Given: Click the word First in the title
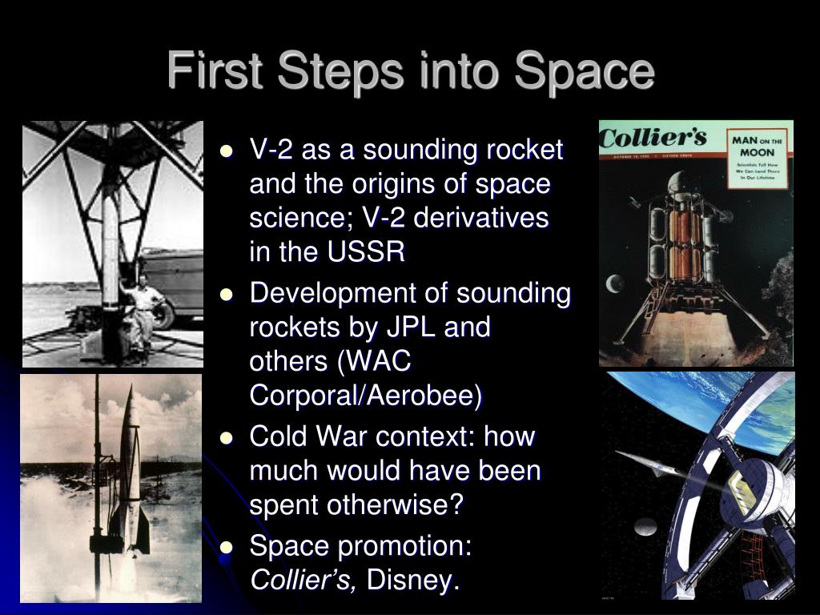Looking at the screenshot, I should pos(210,70).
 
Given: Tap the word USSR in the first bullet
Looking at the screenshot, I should pos(366,253).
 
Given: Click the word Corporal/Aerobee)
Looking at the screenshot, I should pos(367,396).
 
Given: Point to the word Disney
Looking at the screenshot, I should pos(413,580).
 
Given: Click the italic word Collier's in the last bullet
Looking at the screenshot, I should pos(304,580).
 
